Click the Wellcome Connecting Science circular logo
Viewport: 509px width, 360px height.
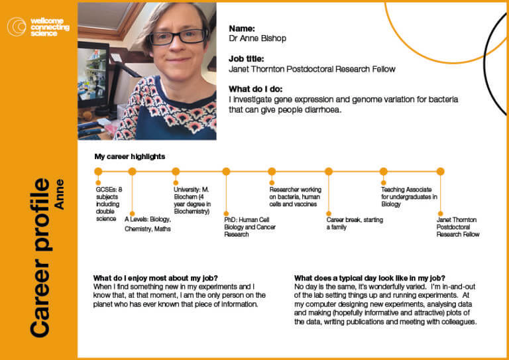point(17,27)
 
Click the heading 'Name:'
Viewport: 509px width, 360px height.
point(242,29)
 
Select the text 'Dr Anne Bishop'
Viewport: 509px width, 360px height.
point(257,38)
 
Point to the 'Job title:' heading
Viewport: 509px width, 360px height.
point(247,59)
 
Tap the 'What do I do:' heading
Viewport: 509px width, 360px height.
point(255,89)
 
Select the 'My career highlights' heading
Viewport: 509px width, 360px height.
point(130,156)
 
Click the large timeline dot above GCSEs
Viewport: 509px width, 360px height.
point(98,172)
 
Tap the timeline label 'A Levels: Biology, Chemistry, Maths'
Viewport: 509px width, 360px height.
point(148,224)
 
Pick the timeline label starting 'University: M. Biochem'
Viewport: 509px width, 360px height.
point(192,200)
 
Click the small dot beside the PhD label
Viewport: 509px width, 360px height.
point(226,213)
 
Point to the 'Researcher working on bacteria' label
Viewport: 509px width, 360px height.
point(295,197)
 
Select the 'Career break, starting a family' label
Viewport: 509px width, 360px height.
point(355,223)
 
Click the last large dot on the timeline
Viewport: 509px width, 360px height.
point(440,172)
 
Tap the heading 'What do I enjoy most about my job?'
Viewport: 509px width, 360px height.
point(156,278)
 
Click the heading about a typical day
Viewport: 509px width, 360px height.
point(370,278)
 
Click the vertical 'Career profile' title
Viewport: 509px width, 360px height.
point(40,258)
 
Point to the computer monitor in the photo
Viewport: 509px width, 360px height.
point(93,75)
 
